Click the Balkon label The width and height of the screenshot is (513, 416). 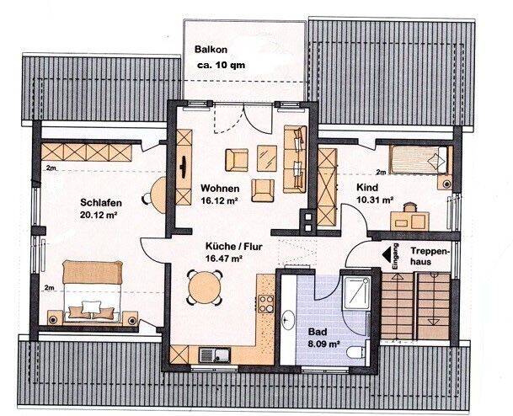coord(211,50)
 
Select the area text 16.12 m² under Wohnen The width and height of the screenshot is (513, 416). coord(219,200)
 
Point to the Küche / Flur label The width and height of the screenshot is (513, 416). coord(234,246)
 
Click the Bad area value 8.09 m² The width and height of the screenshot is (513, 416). coord(323,344)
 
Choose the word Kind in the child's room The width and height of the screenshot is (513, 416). coord(366,188)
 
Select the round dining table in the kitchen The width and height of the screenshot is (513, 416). coord(206,288)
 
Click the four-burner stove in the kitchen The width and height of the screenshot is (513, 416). coord(266,304)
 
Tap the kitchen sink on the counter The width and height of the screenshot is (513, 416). coord(215,355)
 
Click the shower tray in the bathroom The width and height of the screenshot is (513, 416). coord(356,293)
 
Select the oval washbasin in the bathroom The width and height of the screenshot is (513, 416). coord(288,319)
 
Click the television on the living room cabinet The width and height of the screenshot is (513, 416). coord(184,167)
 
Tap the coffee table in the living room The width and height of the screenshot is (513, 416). coord(267,158)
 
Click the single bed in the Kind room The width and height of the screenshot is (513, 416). coord(419,159)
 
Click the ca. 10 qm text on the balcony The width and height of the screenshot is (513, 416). coord(222,65)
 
